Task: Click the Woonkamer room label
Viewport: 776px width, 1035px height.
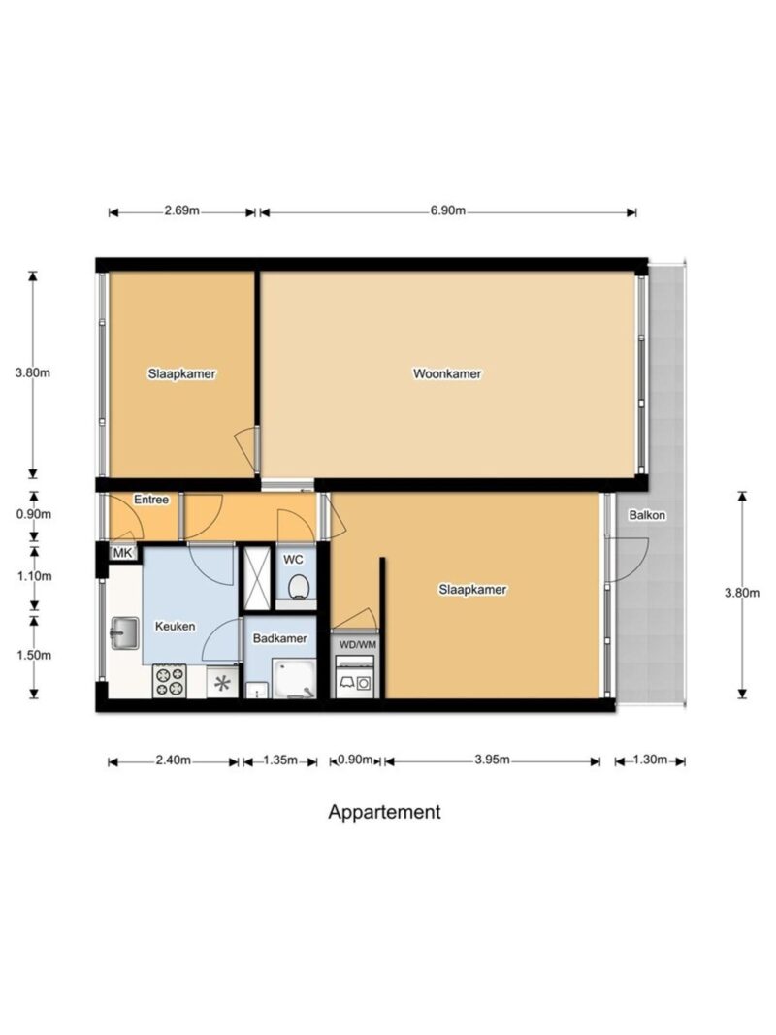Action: tap(447, 373)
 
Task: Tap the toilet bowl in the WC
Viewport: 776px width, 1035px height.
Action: tap(299, 586)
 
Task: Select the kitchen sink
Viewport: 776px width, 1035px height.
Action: tap(124, 633)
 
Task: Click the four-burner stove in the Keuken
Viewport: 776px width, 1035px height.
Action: tap(169, 681)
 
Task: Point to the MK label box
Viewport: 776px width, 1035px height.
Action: tap(123, 553)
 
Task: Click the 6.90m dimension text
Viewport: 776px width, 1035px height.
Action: tap(448, 211)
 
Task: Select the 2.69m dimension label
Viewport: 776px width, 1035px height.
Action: tap(181, 211)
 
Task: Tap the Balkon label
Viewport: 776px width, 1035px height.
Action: tap(647, 515)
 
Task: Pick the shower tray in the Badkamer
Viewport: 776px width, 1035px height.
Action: tap(295, 678)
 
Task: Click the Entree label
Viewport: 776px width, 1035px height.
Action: tap(151, 500)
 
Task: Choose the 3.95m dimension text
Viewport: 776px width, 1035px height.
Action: tap(492, 760)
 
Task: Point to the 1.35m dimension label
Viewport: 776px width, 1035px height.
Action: tap(280, 760)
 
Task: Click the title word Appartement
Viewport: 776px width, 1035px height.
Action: tap(384, 812)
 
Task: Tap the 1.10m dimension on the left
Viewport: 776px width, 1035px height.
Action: tap(34, 576)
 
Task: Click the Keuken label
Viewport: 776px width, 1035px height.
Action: tap(175, 626)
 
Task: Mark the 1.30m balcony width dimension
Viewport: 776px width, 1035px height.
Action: tap(650, 760)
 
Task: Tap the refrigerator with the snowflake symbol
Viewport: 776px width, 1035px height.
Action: tap(222, 682)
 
